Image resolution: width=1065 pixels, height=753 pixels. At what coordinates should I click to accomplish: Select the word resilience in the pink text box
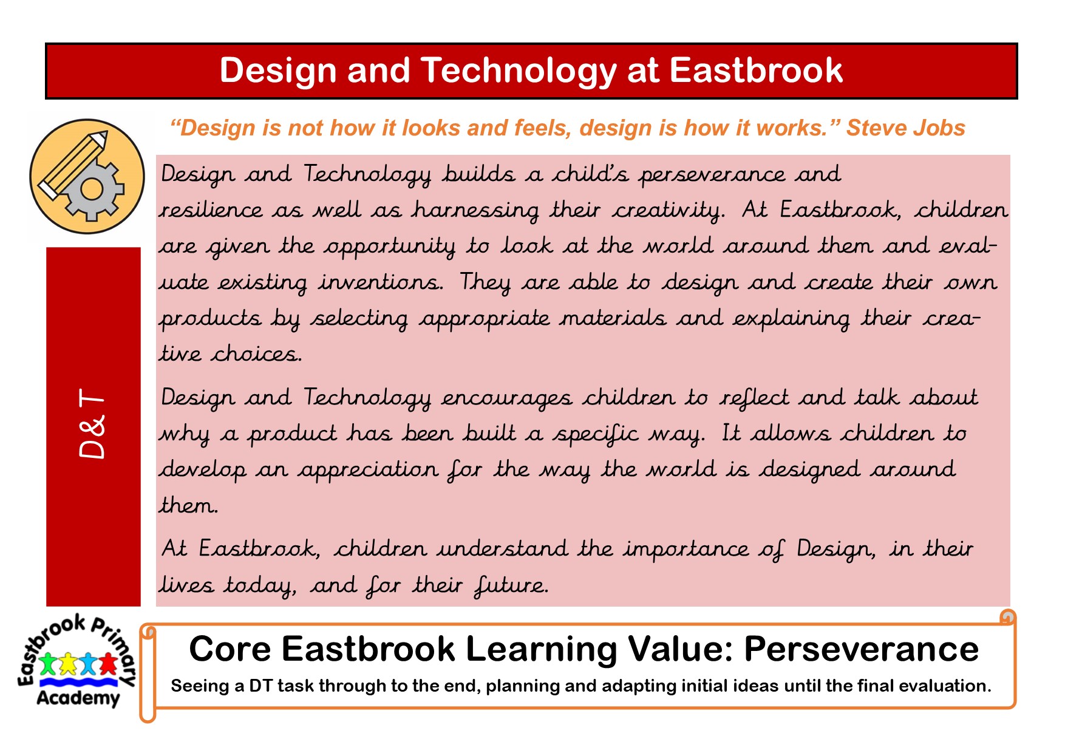click(211, 210)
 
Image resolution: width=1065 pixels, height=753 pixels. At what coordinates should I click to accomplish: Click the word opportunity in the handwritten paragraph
click(389, 247)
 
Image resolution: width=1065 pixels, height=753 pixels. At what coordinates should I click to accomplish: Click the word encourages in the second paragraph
click(506, 399)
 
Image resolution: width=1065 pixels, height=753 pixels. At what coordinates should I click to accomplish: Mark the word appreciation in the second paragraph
click(367, 469)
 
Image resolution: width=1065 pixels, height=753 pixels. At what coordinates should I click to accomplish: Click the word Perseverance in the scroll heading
click(861, 649)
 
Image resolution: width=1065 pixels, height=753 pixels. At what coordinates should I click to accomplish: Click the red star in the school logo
click(108, 664)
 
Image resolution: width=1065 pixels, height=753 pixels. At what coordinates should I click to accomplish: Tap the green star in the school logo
click(49, 664)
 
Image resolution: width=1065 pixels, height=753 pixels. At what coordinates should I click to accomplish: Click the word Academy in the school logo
click(78, 698)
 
